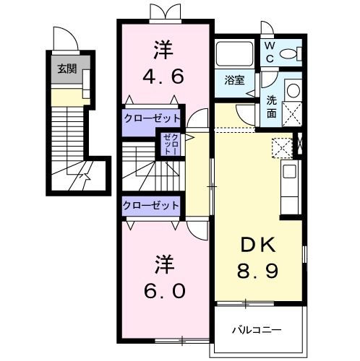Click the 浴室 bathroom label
pos(232,79)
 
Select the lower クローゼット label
pos(151,205)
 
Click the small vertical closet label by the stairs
pos(168,145)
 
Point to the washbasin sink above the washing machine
pos(293,91)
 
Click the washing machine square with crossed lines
pos(292,113)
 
